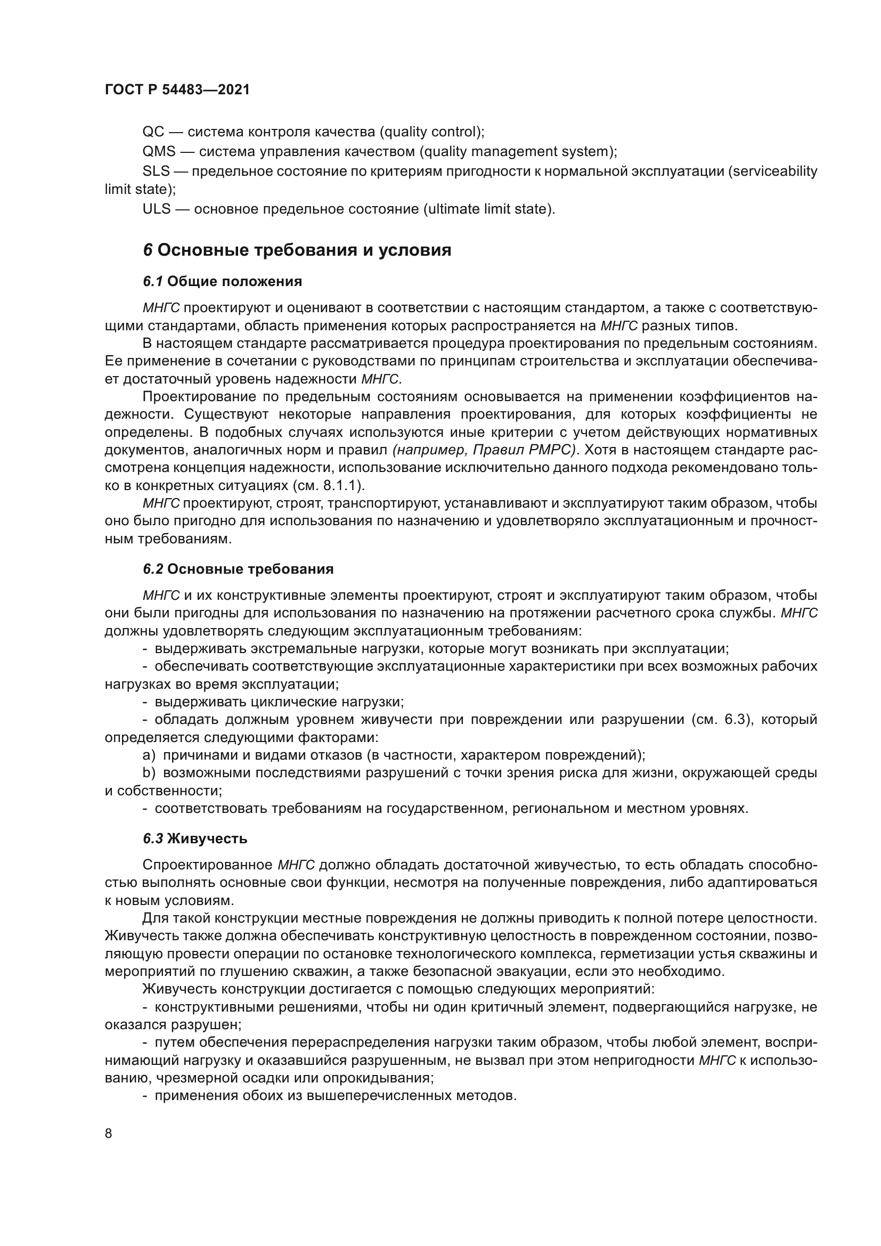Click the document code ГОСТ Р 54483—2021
[x=177, y=90]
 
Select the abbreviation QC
[x=152, y=132]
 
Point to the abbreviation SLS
[x=156, y=172]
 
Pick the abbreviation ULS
[x=156, y=209]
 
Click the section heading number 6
[x=148, y=251]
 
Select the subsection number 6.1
[x=152, y=282]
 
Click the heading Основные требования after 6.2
[x=250, y=569]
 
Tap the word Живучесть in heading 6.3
[x=207, y=839]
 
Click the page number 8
[x=109, y=1134]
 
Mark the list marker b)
[x=149, y=773]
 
